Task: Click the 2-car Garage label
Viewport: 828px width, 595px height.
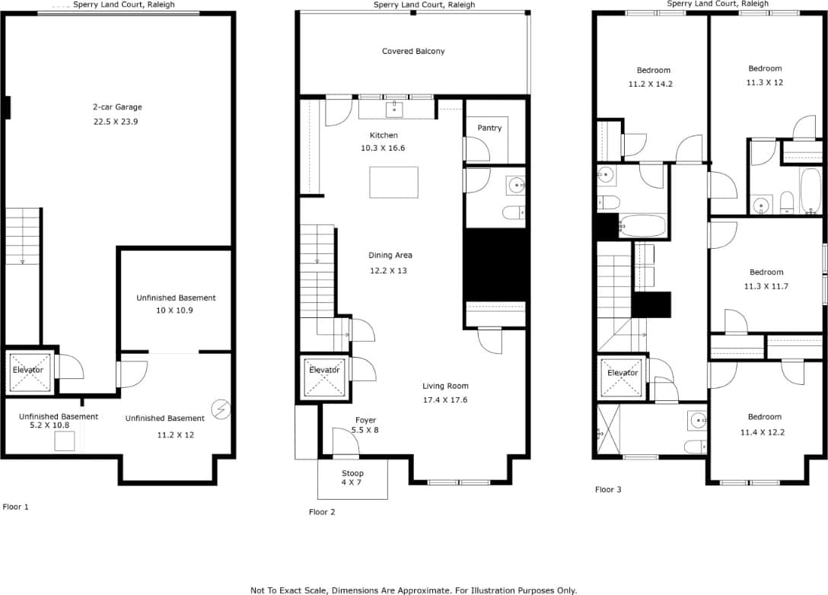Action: tap(117, 107)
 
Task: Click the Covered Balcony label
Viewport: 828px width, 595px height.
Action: tap(413, 52)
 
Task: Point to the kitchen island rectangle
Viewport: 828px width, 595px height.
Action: tap(393, 183)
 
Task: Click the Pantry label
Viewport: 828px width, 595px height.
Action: tap(489, 128)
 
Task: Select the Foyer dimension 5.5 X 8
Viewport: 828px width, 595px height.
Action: tap(365, 430)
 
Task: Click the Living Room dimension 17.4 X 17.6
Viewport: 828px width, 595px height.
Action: tap(445, 399)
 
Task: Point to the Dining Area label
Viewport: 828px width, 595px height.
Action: tap(390, 256)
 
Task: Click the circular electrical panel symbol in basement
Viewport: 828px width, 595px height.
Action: tap(221, 409)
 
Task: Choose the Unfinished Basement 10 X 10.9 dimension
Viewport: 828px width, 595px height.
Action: tap(176, 310)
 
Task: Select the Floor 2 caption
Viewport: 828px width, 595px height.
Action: tap(322, 512)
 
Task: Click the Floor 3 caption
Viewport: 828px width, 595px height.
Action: tap(608, 489)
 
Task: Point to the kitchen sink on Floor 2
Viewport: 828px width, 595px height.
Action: tap(394, 110)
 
